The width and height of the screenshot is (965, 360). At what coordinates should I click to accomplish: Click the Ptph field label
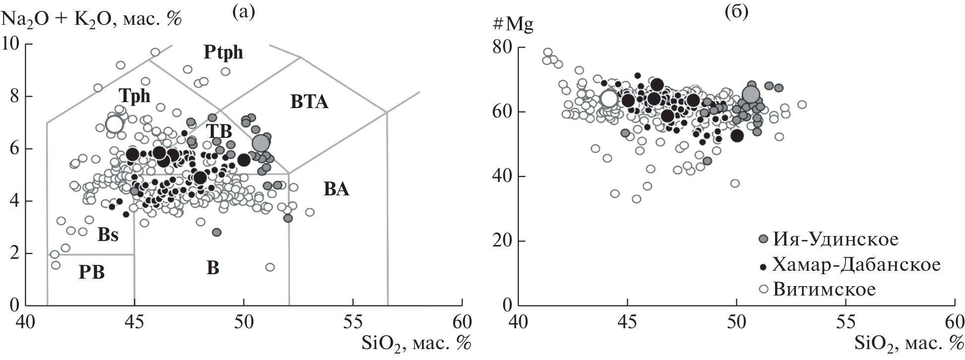click(x=224, y=52)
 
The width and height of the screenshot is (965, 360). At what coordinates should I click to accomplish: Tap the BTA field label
click(x=309, y=103)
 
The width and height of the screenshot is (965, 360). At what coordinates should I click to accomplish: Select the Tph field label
click(x=134, y=95)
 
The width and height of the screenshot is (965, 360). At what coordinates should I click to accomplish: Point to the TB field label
click(x=219, y=131)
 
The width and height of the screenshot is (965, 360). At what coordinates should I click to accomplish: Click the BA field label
click(x=337, y=189)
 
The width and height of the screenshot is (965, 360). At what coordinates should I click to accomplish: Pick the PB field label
click(x=92, y=272)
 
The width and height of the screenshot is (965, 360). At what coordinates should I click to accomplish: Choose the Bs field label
click(x=108, y=235)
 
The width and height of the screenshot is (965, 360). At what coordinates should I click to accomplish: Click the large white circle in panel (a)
click(x=115, y=123)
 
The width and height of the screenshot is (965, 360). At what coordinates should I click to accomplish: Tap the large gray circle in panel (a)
click(x=260, y=143)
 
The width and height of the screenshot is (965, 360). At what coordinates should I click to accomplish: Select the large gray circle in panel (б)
click(x=751, y=94)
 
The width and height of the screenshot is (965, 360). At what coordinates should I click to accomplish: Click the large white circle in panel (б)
click(x=608, y=98)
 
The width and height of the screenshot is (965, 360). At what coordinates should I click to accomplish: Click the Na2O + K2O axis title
click(x=91, y=19)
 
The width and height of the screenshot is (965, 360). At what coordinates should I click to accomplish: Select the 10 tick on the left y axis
click(x=13, y=44)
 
